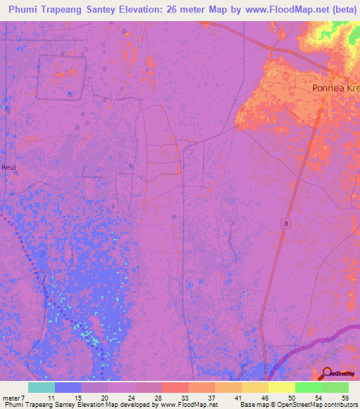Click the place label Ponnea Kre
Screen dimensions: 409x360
(335, 89)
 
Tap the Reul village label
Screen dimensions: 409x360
(9, 167)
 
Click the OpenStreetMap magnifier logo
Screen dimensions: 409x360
(328, 374)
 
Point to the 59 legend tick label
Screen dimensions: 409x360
(344, 397)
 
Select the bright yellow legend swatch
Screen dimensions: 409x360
(282, 387)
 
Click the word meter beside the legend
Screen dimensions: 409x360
(12, 397)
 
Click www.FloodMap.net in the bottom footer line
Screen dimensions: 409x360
(187, 405)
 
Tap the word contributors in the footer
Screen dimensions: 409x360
(341, 405)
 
